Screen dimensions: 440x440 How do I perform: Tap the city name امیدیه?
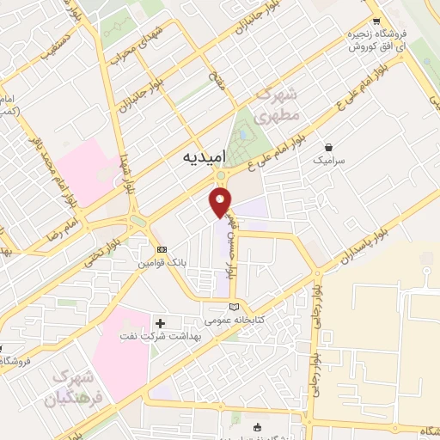click(205, 159)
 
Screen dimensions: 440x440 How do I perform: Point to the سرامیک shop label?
click(328, 161)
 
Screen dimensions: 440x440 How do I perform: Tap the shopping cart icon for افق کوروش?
click(376, 23)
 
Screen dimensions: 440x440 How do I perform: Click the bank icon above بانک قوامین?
click(161, 249)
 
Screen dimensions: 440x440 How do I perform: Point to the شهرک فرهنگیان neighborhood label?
click(76, 388)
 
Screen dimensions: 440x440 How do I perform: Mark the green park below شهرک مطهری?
click(244, 134)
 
